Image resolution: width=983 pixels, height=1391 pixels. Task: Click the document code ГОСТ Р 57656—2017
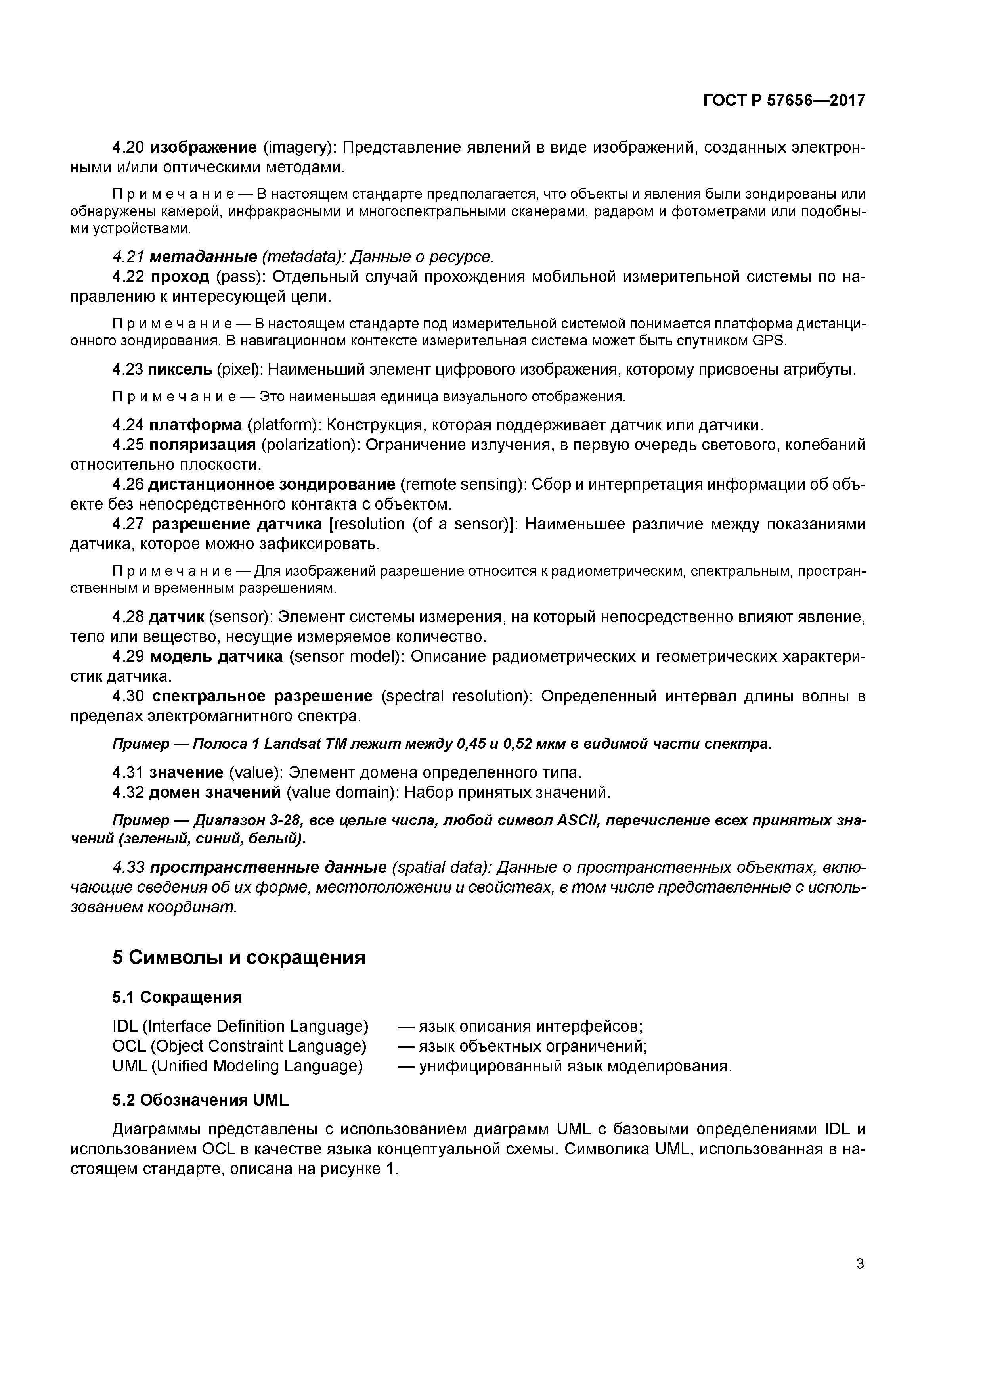pos(784,101)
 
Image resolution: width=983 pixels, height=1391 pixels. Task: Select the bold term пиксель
pos(180,370)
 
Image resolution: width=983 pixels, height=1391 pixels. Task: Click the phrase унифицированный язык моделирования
pos(575,1066)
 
